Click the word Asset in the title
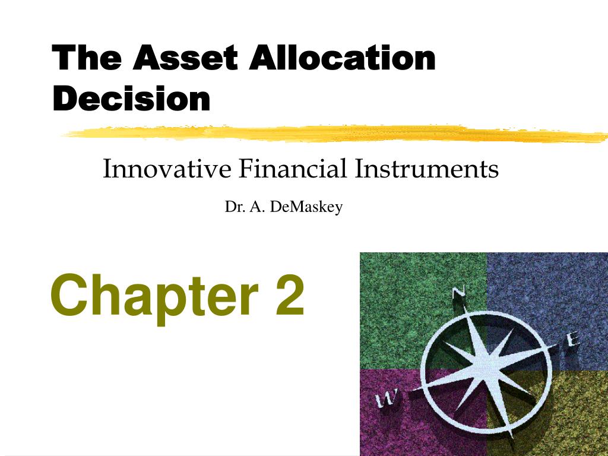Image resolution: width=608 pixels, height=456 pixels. point(185,58)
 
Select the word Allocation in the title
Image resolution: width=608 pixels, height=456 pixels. point(343,58)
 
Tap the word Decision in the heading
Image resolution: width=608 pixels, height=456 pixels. point(131,99)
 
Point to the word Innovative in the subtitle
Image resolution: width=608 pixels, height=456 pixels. point(167,169)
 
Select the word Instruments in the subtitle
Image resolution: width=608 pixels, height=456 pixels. point(426,169)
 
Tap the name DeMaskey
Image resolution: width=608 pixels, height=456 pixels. point(306,207)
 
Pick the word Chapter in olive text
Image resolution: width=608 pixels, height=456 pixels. point(154,297)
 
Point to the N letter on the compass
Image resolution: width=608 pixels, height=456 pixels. point(459,292)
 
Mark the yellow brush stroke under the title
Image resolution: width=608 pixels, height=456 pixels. point(335,134)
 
